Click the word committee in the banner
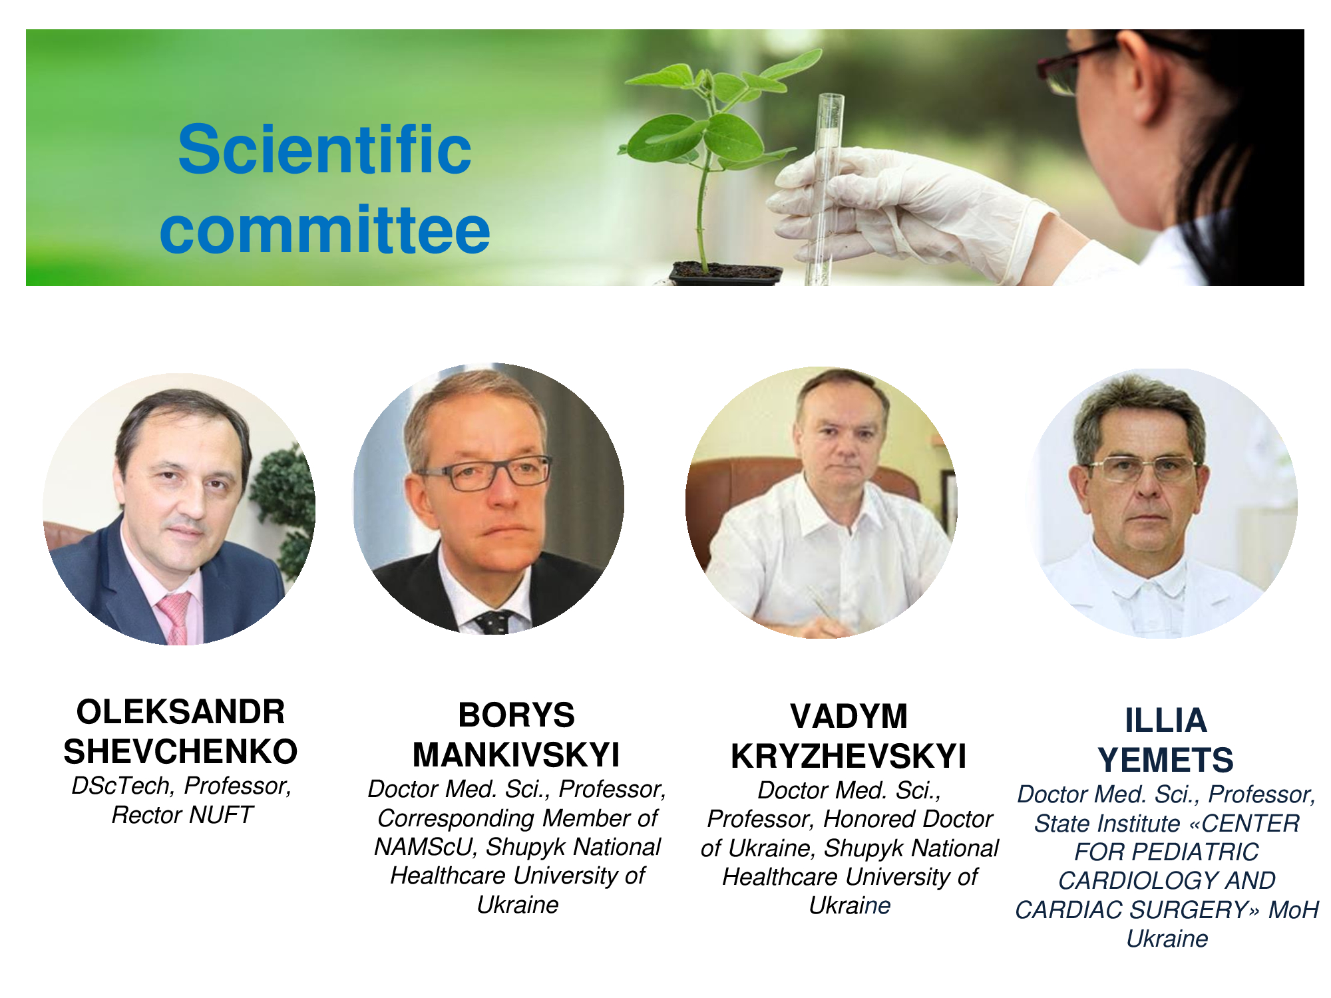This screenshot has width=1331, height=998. coord(325,230)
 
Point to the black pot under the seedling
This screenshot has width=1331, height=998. coord(725,273)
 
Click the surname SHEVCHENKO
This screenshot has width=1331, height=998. coord(180,752)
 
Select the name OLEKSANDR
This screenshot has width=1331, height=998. coord(180,712)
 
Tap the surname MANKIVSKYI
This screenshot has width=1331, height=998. coord(516,755)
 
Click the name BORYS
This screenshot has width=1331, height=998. coord(516,715)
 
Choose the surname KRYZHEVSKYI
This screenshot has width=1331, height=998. coord(849,756)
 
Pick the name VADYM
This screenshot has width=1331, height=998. coord(849,717)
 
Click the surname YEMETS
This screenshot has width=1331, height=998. coord(1166,760)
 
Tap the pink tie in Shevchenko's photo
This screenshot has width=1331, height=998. coord(174,618)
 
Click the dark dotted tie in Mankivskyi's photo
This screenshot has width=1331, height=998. coord(493,621)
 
